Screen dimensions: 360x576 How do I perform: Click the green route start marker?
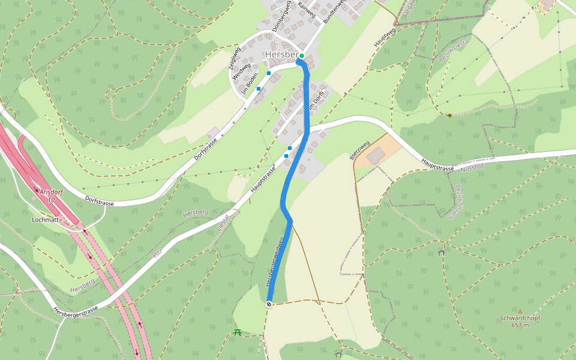[x=302, y=56]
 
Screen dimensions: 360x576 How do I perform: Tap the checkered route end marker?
[x=269, y=304]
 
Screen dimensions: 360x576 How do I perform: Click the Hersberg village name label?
[x=281, y=55]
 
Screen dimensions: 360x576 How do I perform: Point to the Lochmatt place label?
[x=45, y=220]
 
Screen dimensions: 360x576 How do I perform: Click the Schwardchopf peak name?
[x=520, y=318]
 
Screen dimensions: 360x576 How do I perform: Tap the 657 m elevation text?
[x=520, y=325]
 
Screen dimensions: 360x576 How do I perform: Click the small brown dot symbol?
[x=449, y=115]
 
